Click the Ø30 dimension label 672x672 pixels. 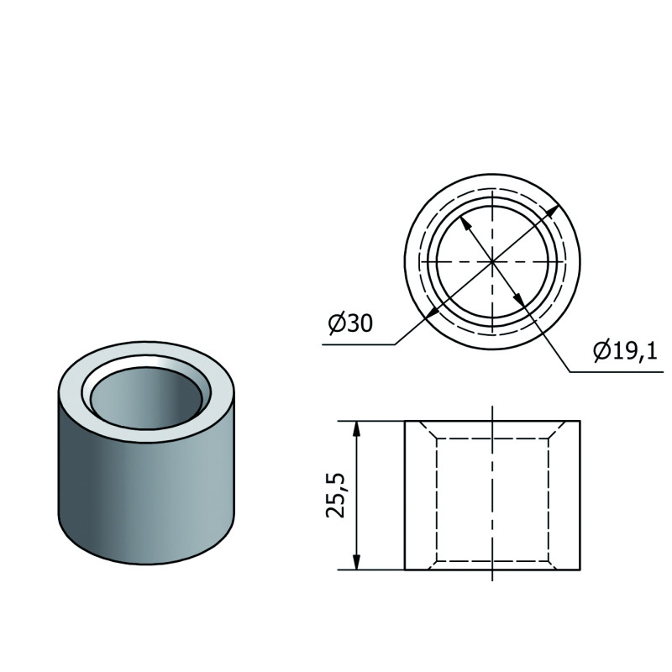[351, 323]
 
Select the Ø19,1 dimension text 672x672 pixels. [625, 350]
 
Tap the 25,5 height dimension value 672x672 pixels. [338, 496]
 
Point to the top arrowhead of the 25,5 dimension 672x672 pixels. [357, 428]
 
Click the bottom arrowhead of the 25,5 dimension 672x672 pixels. [357, 563]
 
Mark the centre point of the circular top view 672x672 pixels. [491, 263]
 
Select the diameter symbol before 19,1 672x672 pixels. [601, 350]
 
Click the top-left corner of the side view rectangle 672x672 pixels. [405, 421]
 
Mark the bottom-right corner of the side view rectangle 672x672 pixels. [580, 570]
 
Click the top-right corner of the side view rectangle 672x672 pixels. [580, 421]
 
